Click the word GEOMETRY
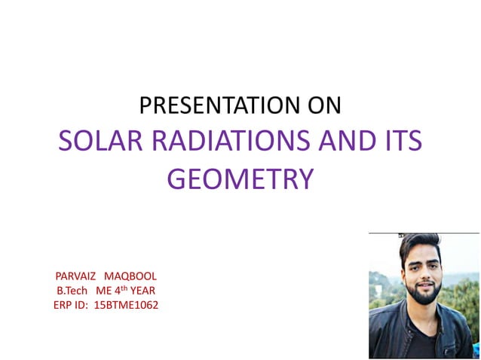click(x=240, y=179)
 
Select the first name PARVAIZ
click(x=75, y=276)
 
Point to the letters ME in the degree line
click(x=103, y=291)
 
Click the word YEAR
click(x=143, y=291)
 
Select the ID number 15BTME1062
click(x=127, y=305)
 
